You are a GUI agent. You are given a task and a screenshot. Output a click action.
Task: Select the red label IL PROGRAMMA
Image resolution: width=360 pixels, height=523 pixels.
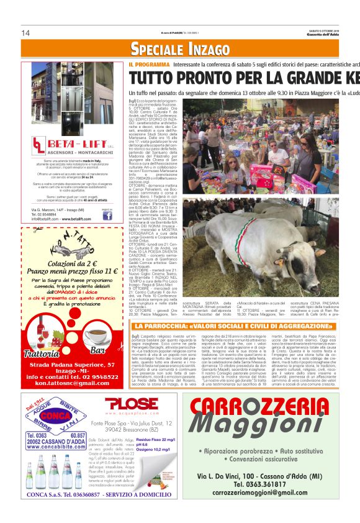[x=149, y=64]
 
